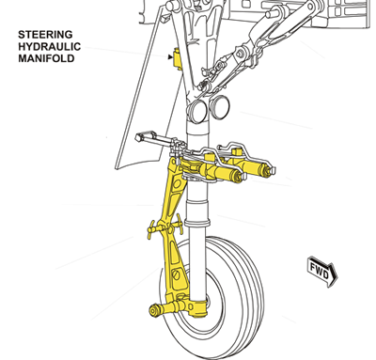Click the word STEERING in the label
tap(45, 35)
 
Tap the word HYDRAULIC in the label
tap(49, 46)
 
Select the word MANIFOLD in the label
tap(46, 58)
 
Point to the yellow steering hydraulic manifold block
tap(178, 58)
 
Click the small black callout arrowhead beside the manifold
tap(170, 57)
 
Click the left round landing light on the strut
tap(196, 112)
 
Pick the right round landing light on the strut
tap(219, 107)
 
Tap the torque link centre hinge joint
tap(164, 228)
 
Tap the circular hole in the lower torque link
tap(177, 274)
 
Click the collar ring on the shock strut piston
tap(196, 223)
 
